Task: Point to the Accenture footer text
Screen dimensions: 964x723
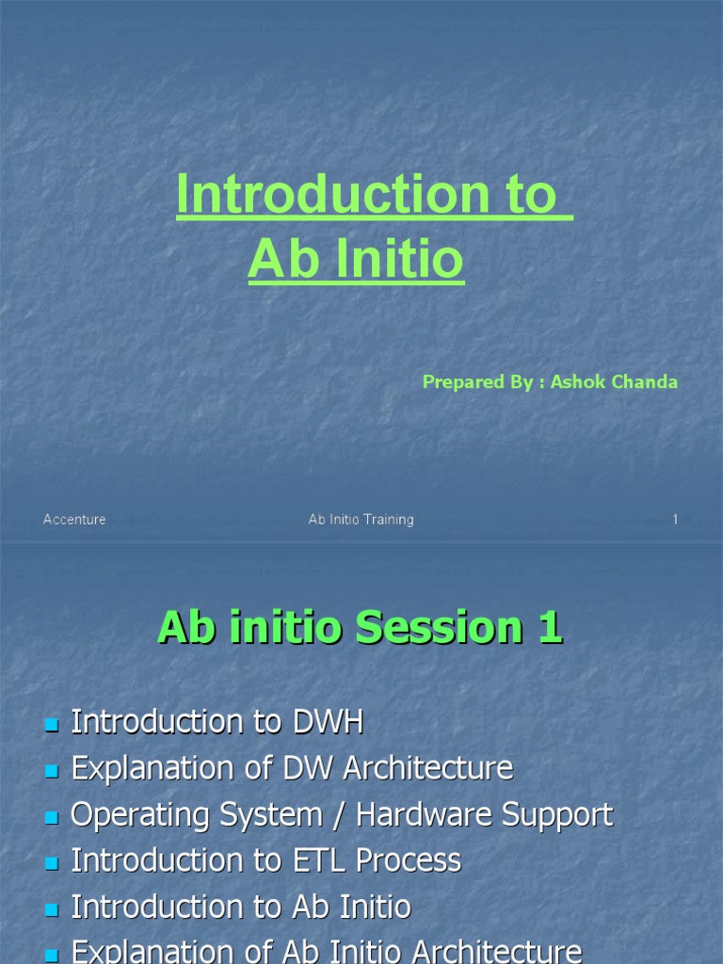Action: (74, 520)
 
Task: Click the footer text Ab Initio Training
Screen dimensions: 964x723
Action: (361, 520)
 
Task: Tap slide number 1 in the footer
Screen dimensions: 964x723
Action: (675, 520)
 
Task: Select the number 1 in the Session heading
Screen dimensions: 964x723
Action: (550, 629)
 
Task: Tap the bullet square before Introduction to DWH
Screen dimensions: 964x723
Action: (51, 724)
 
